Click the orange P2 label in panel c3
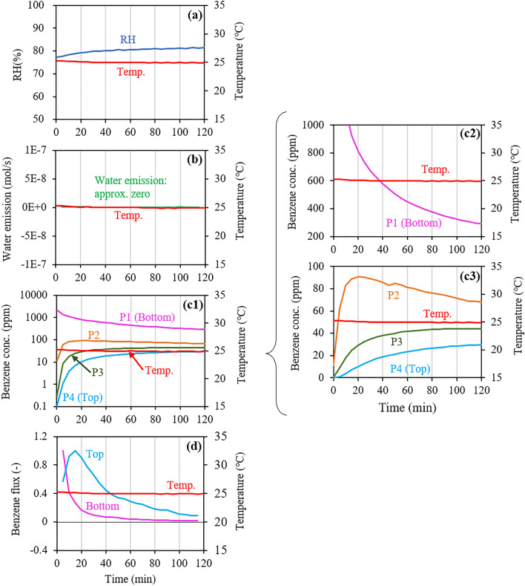(390, 293)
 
